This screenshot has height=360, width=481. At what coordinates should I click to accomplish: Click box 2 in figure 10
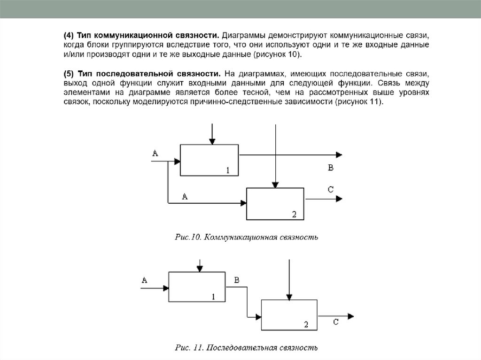click(276, 203)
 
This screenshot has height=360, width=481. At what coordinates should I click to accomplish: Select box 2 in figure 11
click(289, 315)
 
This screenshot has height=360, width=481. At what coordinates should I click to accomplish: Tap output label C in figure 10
click(330, 189)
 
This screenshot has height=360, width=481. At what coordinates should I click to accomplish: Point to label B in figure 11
click(237, 280)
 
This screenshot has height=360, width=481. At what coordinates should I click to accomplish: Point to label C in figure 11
click(336, 322)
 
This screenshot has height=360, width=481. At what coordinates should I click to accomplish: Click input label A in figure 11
click(144, 280)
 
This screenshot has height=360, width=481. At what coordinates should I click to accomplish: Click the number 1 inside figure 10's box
click(228, 170)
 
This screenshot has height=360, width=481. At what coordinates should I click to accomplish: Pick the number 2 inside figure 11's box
click(306, 324)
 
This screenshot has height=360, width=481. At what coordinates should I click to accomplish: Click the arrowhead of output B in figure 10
click(338, 155)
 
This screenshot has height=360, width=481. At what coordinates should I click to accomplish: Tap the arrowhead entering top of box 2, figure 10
click(276, 184)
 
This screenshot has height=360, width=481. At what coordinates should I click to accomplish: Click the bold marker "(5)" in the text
click(69, 74)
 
